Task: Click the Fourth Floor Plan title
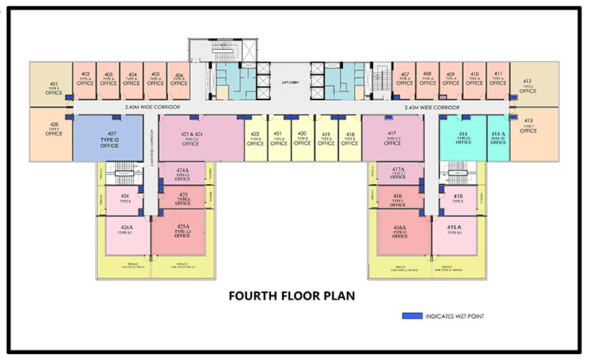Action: tap(292, 297)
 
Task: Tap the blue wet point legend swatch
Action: tap(412, 317)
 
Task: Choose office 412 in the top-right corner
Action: tap(527, 85)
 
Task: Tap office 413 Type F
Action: tap(528, 127)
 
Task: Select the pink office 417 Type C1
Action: tap(392, 138)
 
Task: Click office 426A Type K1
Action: tap(126, 232)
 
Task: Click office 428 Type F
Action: tap(54, 130)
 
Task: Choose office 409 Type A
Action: tap(451, 80)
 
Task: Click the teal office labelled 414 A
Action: tap(498, 138)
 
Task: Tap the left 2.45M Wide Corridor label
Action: tap(154, 107)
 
